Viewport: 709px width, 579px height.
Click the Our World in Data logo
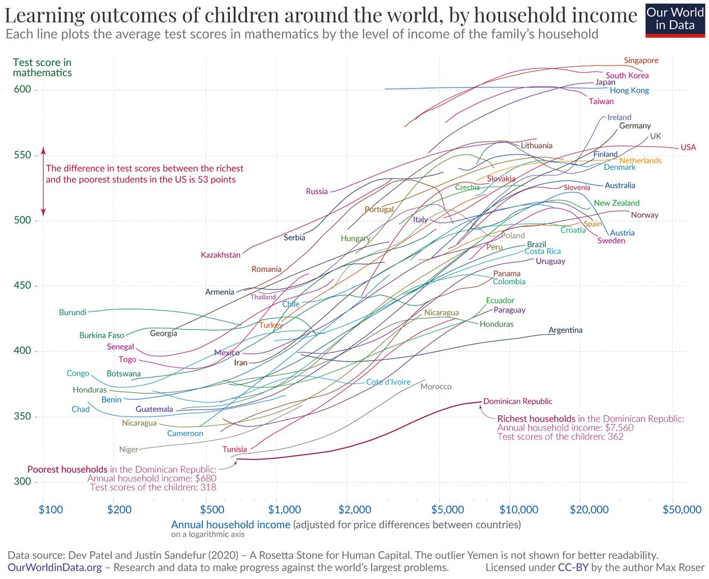675,21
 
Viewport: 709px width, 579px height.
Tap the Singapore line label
641,60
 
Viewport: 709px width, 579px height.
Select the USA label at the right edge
688,147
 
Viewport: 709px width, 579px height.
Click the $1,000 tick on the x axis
284,510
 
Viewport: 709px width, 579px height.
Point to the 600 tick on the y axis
22,89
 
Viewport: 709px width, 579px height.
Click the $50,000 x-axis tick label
682,510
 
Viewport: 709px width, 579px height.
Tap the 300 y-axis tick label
22,482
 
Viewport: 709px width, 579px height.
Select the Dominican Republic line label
518,401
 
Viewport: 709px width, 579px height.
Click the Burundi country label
73,313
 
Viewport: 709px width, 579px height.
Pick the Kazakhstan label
220,255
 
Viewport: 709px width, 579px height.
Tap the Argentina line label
565,330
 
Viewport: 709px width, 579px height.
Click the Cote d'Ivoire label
388,382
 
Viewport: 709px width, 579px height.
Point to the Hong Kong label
629,90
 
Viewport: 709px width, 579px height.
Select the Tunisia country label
235,449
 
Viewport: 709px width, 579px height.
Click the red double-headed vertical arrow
43,181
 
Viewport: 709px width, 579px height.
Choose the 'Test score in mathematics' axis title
43,67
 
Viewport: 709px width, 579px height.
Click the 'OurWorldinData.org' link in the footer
54,568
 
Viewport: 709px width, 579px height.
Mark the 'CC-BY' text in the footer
573,568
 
